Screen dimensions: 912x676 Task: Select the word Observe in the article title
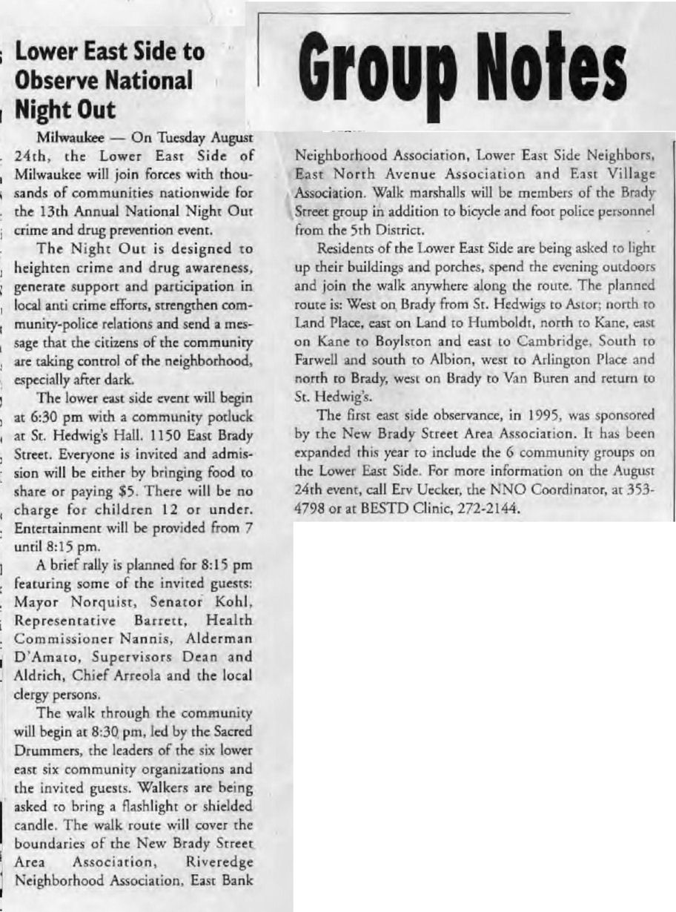[x=53, y=79]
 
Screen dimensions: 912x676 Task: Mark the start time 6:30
[x=68, y=436]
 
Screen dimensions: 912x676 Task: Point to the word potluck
[x=229, y=436]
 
